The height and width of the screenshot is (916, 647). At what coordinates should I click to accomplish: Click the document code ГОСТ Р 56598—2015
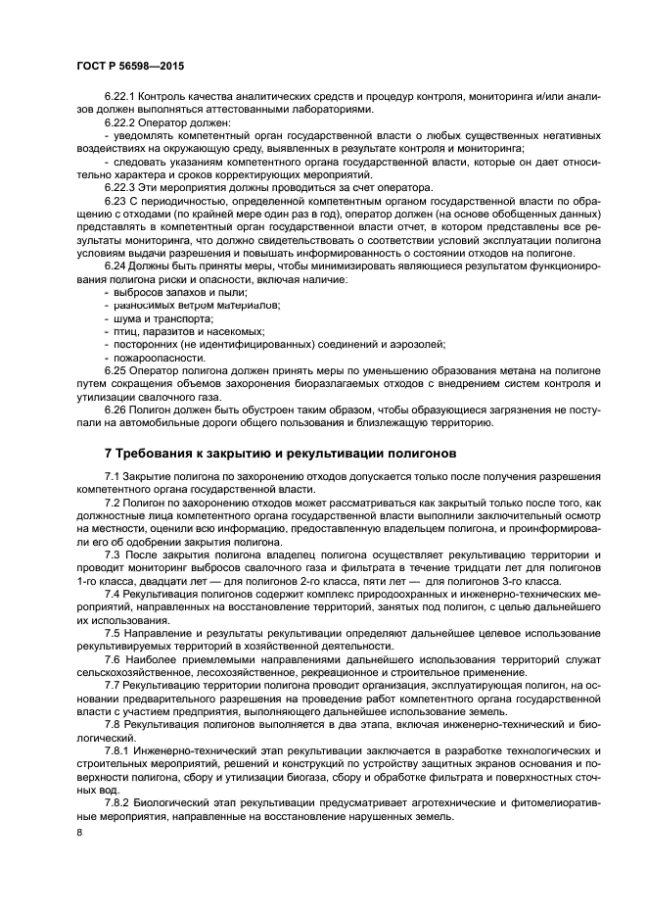click(130, 66)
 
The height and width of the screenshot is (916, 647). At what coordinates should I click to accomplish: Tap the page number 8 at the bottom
click(78, 832)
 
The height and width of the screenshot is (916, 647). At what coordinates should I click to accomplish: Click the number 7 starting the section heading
click(108, 454)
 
